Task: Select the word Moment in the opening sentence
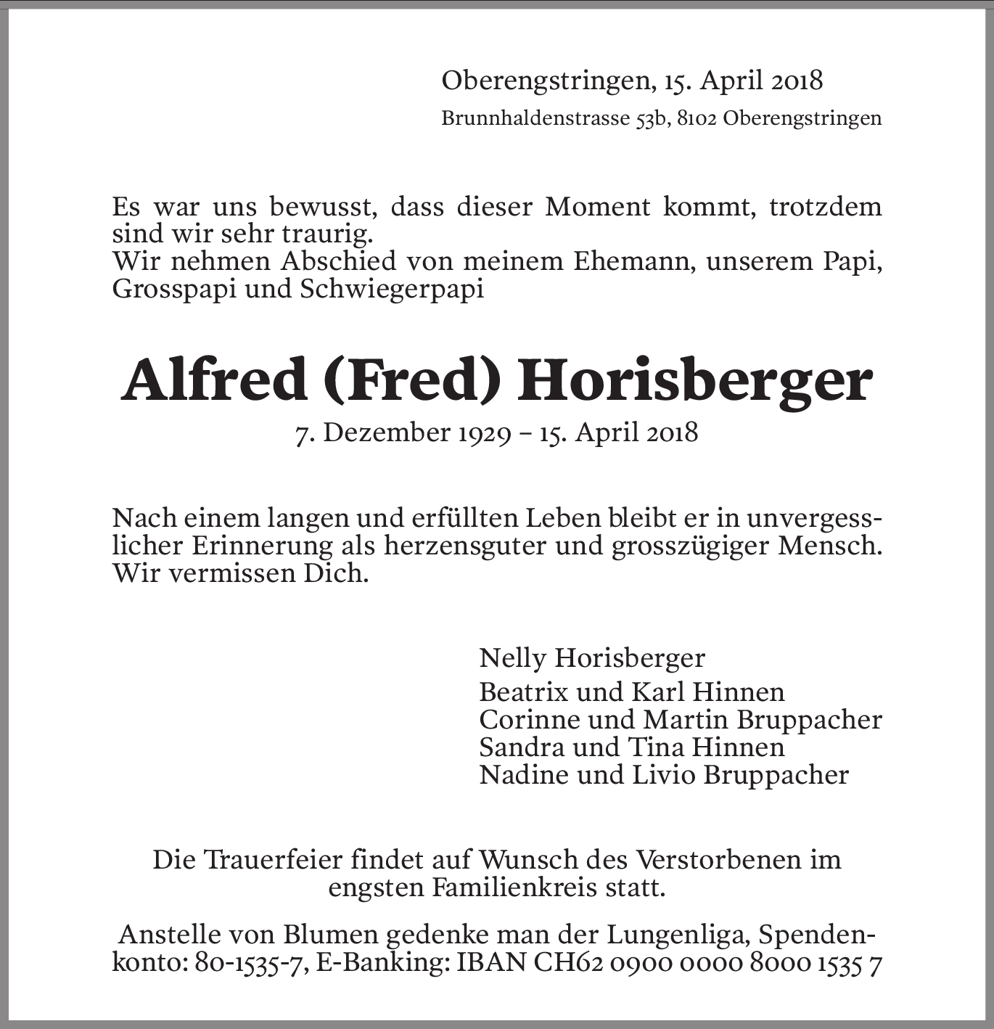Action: [x=598, y=208]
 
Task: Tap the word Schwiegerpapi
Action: [x=392, y=290]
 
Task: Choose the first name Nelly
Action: [x=512, y=658]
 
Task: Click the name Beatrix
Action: [x=523, y=692]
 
